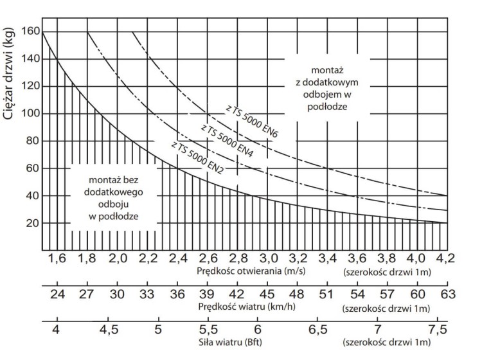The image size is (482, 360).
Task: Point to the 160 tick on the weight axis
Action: (31, 31)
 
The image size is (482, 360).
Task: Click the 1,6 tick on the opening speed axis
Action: (57, 259)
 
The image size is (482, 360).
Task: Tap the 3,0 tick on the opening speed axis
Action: (267, 259)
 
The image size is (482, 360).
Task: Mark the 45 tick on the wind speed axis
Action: (267, 295)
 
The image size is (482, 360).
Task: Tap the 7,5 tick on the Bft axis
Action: (438, 330)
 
